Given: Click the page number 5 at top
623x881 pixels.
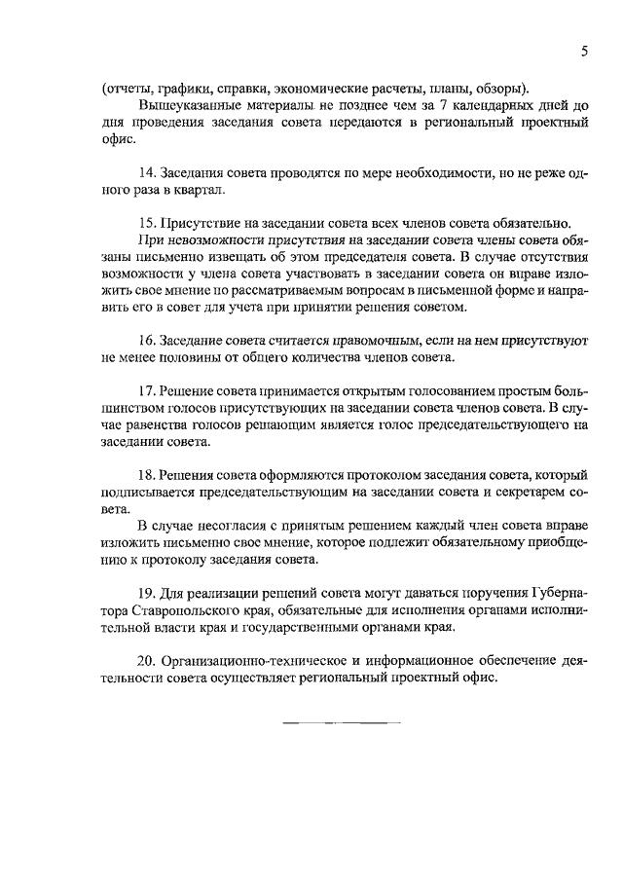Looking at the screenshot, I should pyautogui.click(x=583, y=54).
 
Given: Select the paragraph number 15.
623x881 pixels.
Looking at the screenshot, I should pyautogui.click(x=148, y=222).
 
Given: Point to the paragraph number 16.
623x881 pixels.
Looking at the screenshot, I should pyautogui.click(x=148, y=340).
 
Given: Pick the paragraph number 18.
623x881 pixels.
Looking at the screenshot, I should pyautogui.click(x=148, y=474).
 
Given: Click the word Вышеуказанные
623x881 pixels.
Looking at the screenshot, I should pyautogui.click(x=186, y=104).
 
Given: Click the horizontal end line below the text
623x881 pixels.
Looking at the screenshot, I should pyautogui.click(x=342, y=724).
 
